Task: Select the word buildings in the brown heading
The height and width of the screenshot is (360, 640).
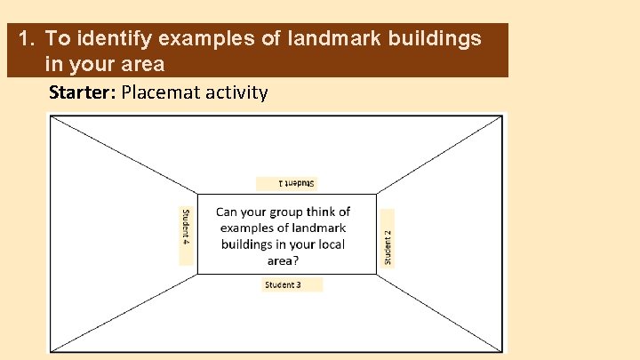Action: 432,38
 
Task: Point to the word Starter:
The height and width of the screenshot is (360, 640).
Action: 82,92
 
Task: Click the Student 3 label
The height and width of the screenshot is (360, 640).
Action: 283,284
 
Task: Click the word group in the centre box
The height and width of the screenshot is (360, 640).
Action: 284,212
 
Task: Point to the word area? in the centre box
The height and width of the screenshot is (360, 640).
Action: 283,260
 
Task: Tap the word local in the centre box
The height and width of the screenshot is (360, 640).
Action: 330,244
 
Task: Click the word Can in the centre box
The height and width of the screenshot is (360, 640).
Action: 228,212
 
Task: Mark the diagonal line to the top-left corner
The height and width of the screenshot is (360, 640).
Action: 124,155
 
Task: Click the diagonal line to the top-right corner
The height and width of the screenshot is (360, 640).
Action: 440,155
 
